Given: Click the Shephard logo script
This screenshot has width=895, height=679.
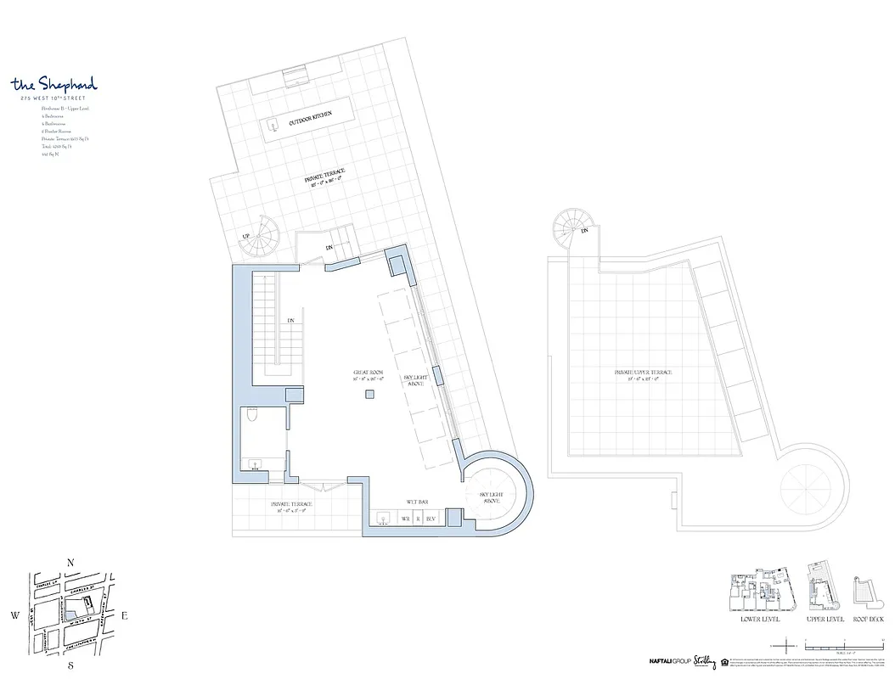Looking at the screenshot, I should point(54,84).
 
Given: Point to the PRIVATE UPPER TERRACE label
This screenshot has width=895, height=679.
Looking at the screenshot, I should point(644,373).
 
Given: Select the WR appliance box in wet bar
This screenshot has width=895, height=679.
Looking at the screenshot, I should point(405,518).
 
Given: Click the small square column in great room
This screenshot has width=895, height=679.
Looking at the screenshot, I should point(370,396).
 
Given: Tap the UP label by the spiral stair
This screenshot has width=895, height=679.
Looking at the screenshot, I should point(246,236).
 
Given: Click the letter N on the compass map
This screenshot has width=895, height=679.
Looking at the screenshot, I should point(72,562).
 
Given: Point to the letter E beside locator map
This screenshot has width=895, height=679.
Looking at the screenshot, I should point(124,616).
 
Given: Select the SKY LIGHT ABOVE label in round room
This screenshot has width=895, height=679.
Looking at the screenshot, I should point(493,497).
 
